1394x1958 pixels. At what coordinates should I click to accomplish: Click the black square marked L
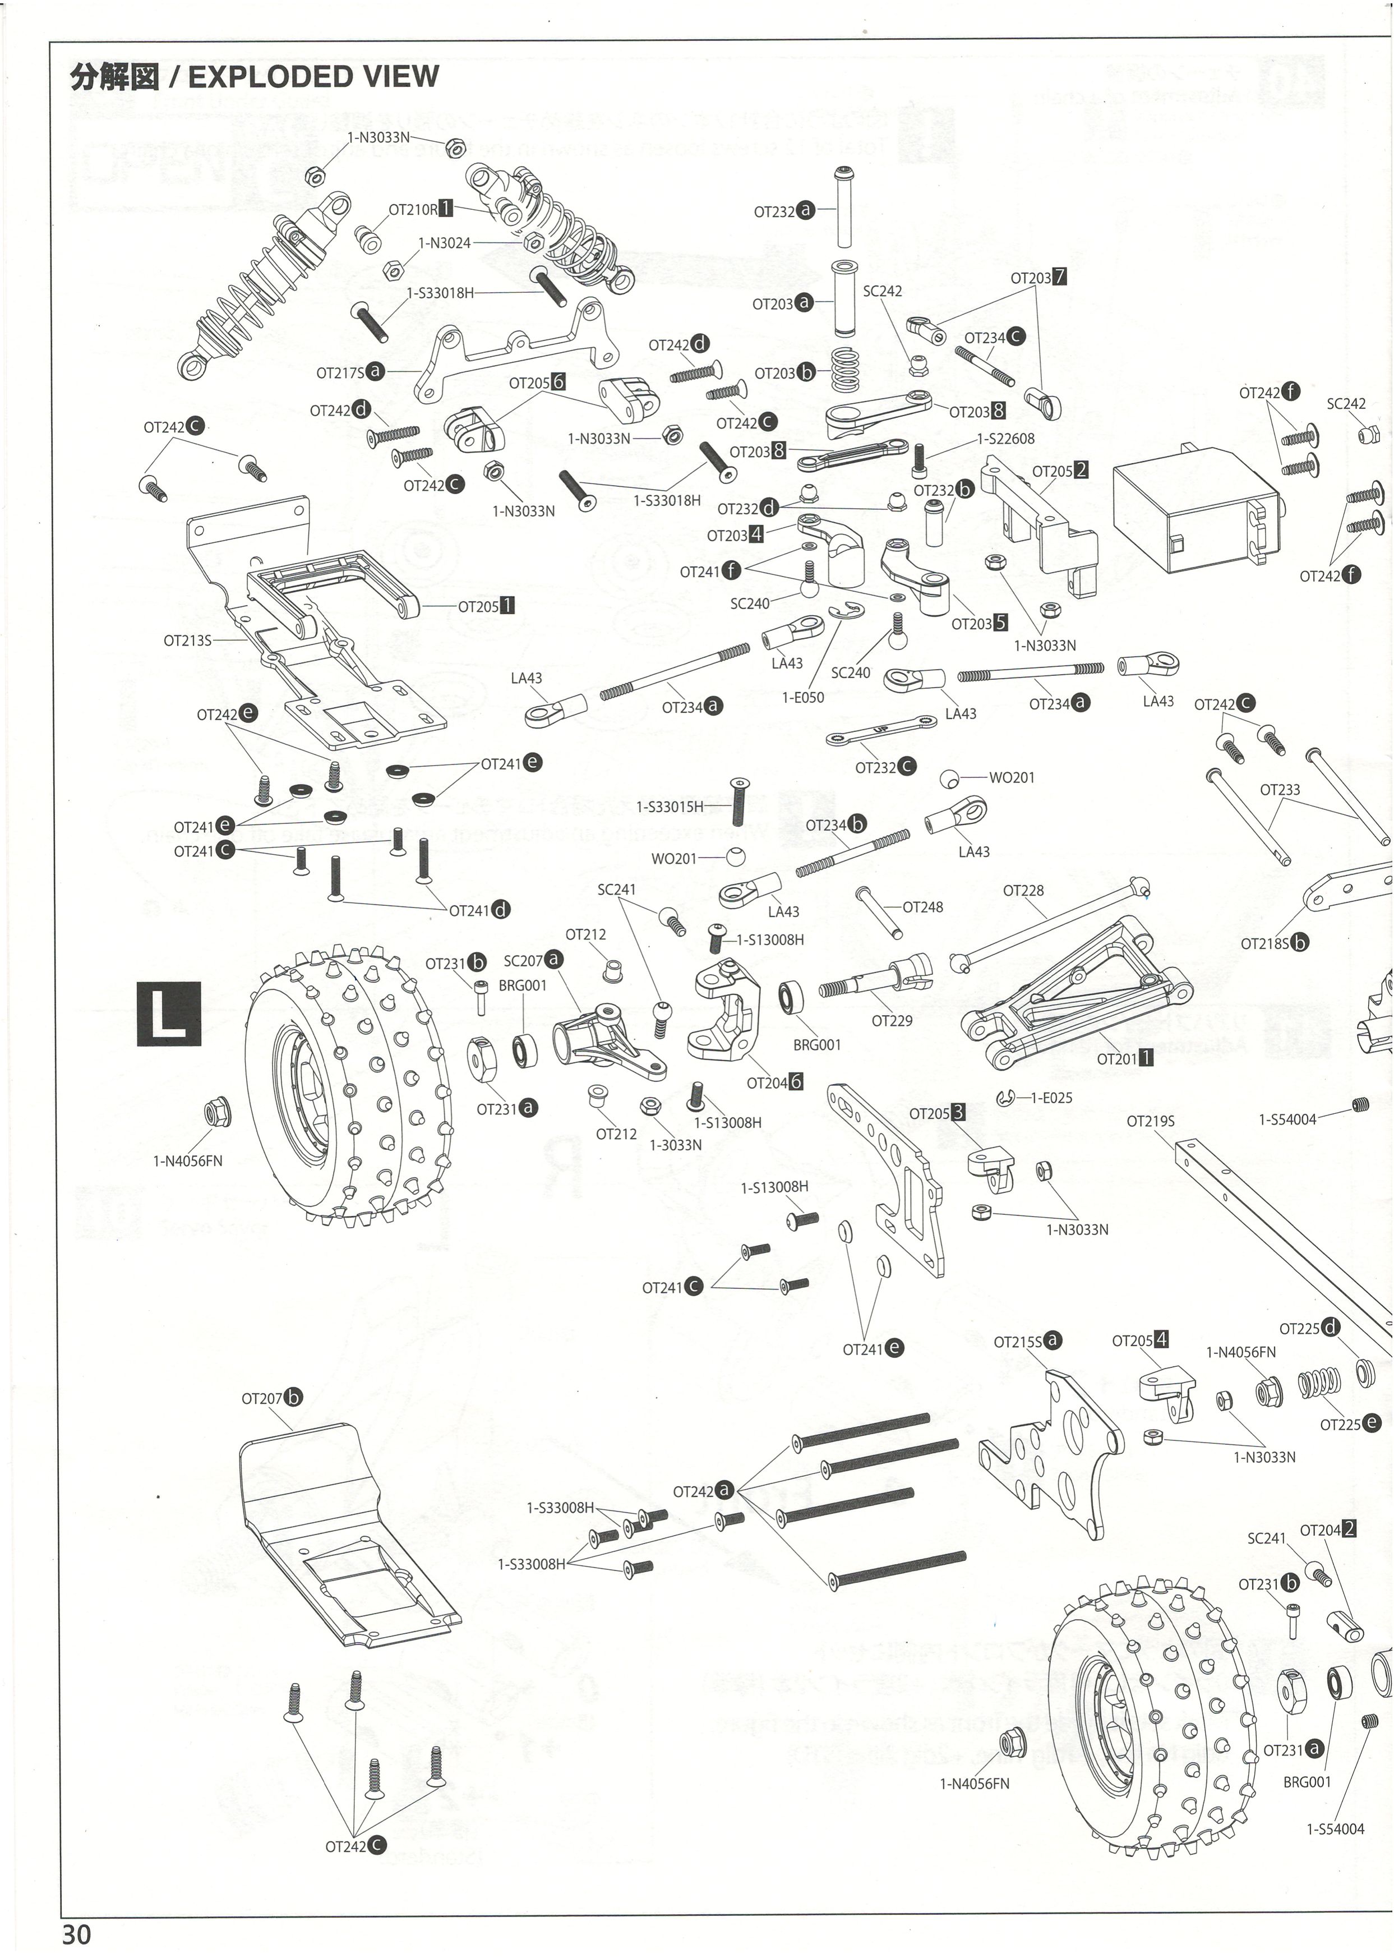click(168, 1013)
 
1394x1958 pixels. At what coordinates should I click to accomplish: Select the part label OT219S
click(1150, 1121)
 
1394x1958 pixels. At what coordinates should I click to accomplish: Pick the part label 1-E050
click(802, 698)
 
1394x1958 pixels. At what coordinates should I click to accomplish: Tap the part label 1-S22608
click(1005, 439)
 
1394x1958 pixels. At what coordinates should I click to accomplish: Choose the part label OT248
click(923, 907)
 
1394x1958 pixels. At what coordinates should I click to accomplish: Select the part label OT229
click(892, 1021)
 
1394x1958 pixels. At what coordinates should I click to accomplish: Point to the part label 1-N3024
click(445, 243)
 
